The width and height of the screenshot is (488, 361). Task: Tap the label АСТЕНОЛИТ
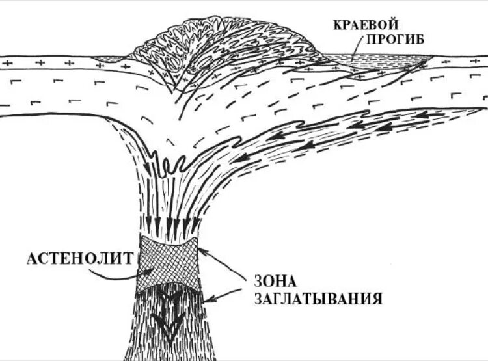tap(81, 258)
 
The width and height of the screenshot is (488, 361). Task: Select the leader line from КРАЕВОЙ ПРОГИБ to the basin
tap(355, 49)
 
